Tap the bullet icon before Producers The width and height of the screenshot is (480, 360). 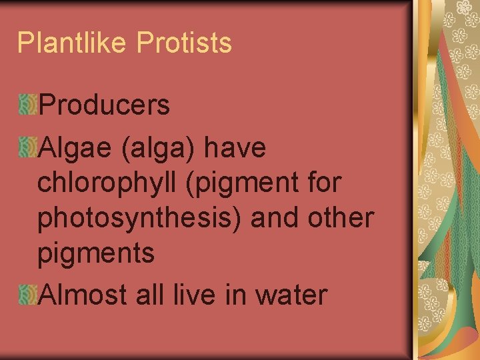[27, 103]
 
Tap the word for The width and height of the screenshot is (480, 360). [323, 183]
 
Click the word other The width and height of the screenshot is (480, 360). [341, 219]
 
